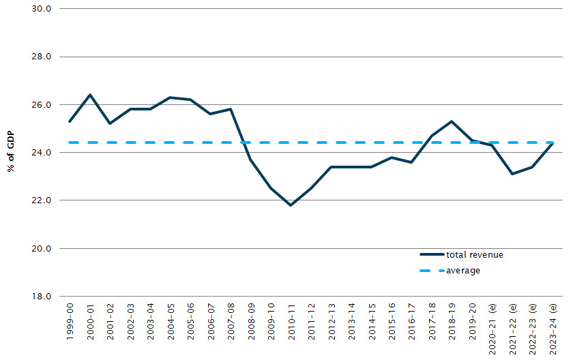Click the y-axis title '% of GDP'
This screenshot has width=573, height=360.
(12, 153)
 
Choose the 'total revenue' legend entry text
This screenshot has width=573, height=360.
(475, 255)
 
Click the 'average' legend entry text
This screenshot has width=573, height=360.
(463, 271)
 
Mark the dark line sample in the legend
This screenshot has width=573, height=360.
(431, 255)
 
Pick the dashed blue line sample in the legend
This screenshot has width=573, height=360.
(431, 271)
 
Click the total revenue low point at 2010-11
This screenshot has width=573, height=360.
(291, 205)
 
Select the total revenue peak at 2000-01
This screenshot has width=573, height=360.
(90, 95)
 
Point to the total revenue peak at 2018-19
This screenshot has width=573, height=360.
(452, 121)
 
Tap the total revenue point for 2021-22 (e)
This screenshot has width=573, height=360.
(512, 174)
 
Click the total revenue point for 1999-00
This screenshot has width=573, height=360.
(70, 121)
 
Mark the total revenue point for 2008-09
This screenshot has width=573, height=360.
(251, 160)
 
